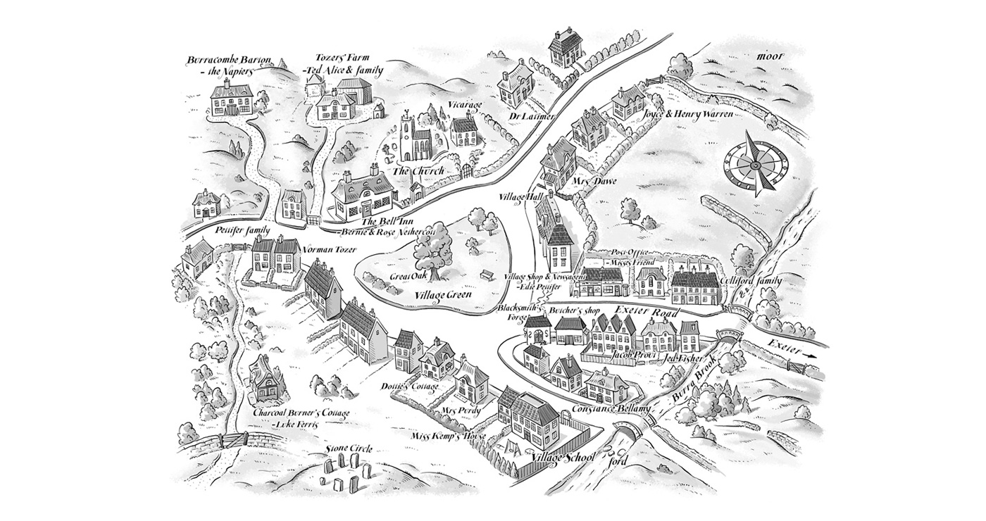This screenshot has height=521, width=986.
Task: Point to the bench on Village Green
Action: [485, 275]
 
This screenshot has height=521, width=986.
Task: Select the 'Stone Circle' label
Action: [349, 448]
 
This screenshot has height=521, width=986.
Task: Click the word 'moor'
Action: [771, 56]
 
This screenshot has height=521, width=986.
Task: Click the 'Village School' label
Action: [563, 458]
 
